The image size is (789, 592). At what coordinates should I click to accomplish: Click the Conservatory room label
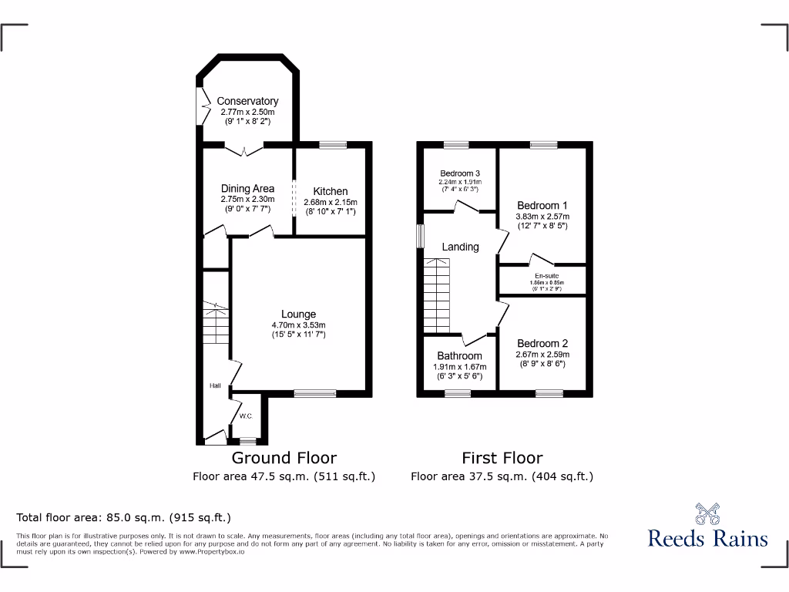[247, 101]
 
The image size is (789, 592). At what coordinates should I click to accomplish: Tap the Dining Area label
[247, 189]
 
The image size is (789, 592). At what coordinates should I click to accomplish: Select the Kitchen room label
[330, 191]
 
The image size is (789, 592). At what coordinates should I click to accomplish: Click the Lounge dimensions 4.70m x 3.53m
[298, 325]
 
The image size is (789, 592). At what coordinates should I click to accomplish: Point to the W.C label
[246, 416]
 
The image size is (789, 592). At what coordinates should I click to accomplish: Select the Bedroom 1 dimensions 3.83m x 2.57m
[542, 217]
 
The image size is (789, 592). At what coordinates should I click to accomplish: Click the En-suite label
[546, 275]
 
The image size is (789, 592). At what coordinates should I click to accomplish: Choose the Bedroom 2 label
[542, 344]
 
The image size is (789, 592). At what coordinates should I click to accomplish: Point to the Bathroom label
[460, 356]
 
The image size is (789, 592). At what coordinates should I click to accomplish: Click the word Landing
[460, 247]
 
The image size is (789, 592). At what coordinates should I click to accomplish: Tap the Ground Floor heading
[284, 458]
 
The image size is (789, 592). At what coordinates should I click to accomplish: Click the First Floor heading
[502, 458]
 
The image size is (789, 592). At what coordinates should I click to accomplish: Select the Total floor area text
[123, 517]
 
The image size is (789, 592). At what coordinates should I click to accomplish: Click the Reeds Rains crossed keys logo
[707, 513]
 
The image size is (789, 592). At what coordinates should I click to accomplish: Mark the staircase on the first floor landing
[438, 296]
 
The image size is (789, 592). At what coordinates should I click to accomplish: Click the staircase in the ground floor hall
[217, 324]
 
